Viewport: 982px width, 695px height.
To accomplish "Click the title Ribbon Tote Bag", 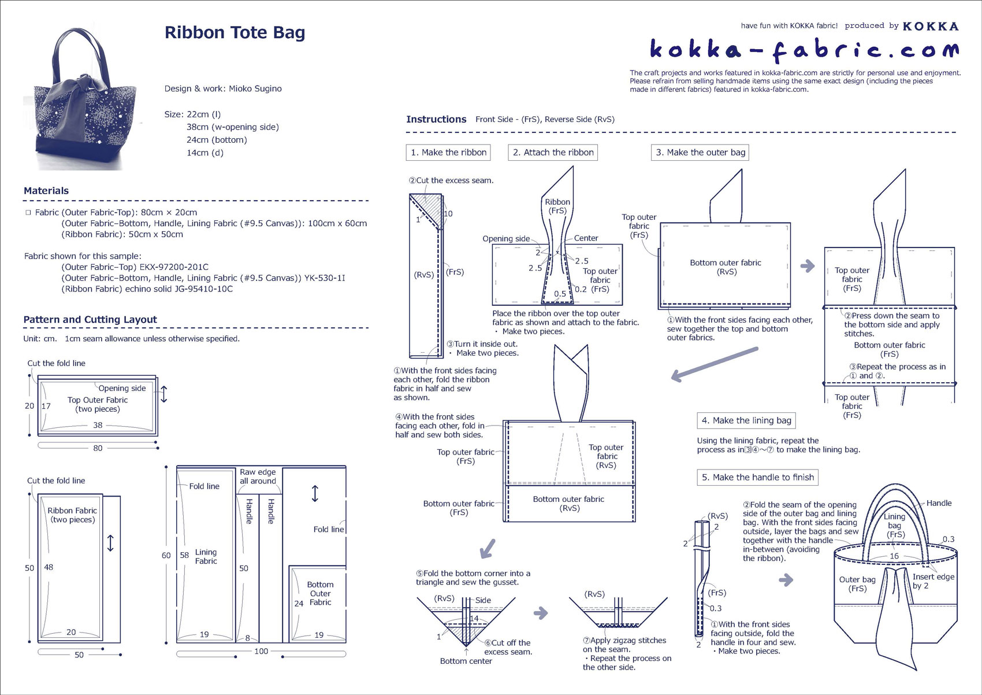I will [x=235, y=32].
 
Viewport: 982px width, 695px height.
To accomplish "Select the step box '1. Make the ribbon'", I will [x=448, y=153].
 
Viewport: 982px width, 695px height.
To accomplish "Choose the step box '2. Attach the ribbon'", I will [x=553, y=153].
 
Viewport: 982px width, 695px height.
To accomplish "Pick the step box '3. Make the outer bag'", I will [x=700, y=153].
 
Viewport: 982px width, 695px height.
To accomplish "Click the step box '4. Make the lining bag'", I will [x=746, y=420].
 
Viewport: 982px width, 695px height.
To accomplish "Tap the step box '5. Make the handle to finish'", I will [x=757, y=477].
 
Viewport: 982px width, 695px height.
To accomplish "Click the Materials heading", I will [x=46, y=191].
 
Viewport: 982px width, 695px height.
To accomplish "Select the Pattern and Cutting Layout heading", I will [x=90, y=320].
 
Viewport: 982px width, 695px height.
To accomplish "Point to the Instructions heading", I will [x=436, y=119].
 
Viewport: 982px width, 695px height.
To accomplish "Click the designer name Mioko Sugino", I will [x=255, y=88].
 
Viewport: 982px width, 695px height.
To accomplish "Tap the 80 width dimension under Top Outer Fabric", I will [x=98, y=448].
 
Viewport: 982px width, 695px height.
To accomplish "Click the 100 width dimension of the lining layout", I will [x=261, y=652].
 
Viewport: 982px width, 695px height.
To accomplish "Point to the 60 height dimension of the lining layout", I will [x=166, y=555].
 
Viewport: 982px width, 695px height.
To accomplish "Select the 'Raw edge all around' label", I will [x=258, y=476].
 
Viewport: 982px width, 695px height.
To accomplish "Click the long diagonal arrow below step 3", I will [x=715, y=364].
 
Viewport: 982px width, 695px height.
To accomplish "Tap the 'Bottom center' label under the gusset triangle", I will [x=466, y=661].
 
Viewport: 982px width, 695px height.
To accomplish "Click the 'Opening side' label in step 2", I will [x=506, y=239].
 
